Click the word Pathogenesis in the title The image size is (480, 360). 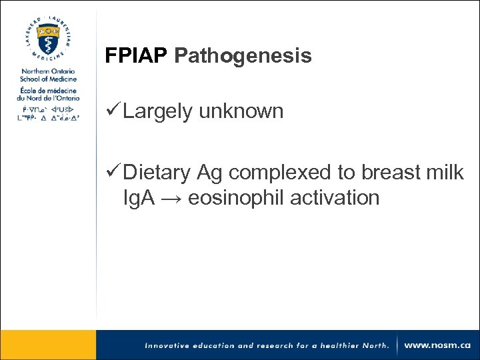[x=243, y=57]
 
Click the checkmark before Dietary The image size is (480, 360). [x=113, y=173]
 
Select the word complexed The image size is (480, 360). [x=281, y=173]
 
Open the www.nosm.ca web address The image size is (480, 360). [x=437, y=345]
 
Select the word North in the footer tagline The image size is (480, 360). [x=373, y=345]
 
